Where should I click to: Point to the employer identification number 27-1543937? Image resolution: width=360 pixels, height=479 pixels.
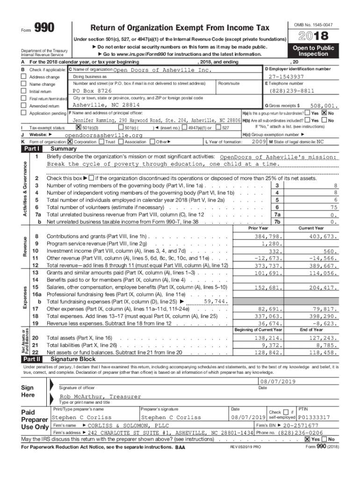click(x=286, y=77)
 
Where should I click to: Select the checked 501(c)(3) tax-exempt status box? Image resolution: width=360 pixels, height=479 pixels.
click(x=79, y=128)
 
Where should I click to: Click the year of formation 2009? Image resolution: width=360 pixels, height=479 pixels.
click(x=259, y=141)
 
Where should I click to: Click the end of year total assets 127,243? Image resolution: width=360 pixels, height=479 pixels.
click(x=323, y=338)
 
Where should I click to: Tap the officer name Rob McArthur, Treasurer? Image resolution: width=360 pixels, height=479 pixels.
click(x=100, y=396)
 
